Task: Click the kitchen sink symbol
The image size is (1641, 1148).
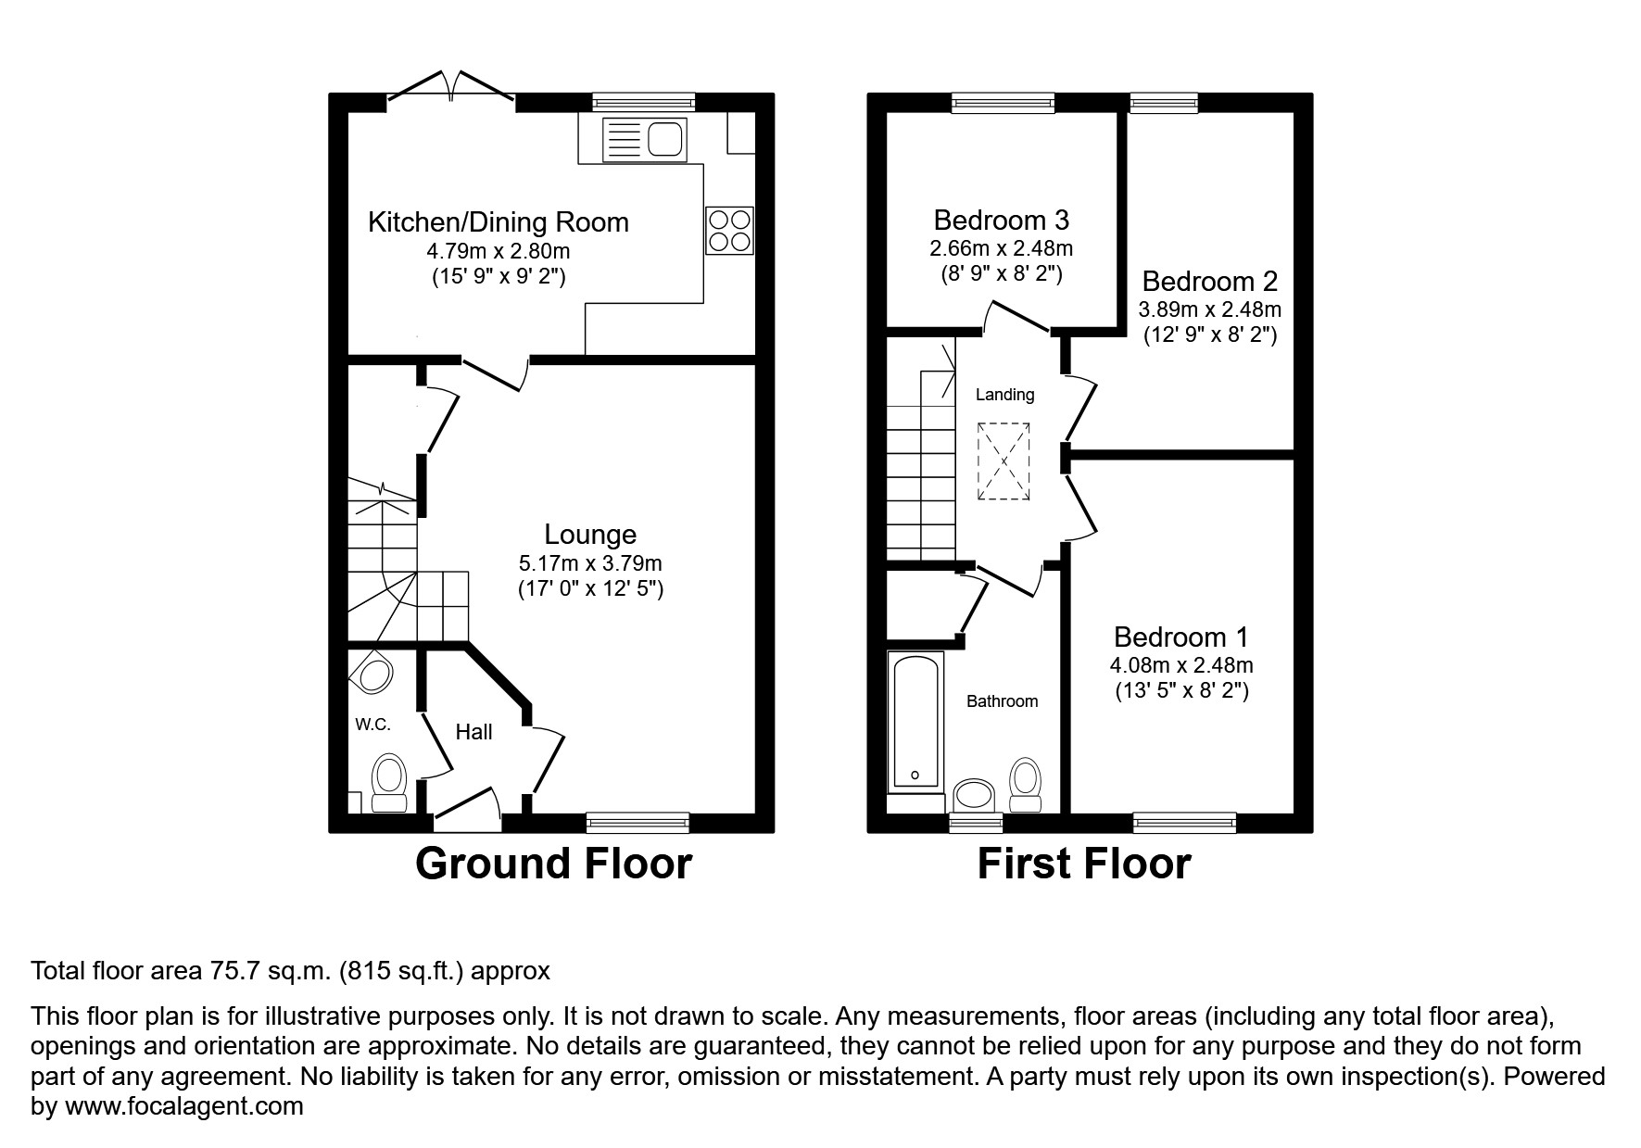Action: [x=644, y=140]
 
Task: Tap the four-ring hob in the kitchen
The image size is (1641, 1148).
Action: [x=729, y=230]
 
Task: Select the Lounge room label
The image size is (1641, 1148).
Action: [x=590, y=535]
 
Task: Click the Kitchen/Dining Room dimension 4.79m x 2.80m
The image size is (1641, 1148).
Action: [x=498, y=250]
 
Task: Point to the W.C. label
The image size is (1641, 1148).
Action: [x=372, y=725]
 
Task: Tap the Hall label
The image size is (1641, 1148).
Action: [x=473, y=732]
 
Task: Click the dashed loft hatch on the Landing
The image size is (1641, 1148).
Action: [x=1004, y=461]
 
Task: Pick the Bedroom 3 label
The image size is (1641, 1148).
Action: [x=1001, y=221]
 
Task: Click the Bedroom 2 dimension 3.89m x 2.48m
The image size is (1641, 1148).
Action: [x=1209, y=309]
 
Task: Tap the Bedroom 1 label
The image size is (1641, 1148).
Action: [x=1180, y=637]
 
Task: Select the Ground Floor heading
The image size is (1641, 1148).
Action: [x=553, y=864]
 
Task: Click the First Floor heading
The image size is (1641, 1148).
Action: [x=1083, y=864]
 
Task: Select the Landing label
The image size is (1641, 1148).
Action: [x=1004, y=395]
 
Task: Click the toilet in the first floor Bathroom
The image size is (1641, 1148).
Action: [x=1024, y=778]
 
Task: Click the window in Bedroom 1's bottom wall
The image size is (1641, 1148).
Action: [x=1184, y=820]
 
